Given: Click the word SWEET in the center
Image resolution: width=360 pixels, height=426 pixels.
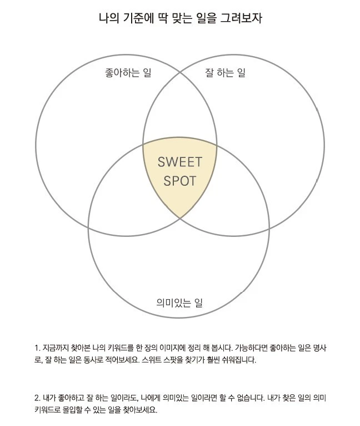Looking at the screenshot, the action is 179,162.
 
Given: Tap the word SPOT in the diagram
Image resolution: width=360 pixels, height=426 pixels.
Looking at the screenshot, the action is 179,181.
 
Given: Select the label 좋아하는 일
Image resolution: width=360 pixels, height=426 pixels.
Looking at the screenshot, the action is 128,73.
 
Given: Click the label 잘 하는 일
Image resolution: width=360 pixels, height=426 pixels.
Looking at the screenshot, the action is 225,73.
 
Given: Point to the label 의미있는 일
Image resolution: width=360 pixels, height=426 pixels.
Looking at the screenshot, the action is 179,303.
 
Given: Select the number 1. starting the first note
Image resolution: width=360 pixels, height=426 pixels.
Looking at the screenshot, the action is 37,348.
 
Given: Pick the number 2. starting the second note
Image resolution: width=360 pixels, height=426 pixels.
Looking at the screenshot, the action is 37,398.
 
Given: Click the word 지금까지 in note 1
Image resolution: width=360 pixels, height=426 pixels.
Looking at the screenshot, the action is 56,348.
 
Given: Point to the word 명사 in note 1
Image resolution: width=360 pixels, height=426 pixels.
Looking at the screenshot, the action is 314,348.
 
